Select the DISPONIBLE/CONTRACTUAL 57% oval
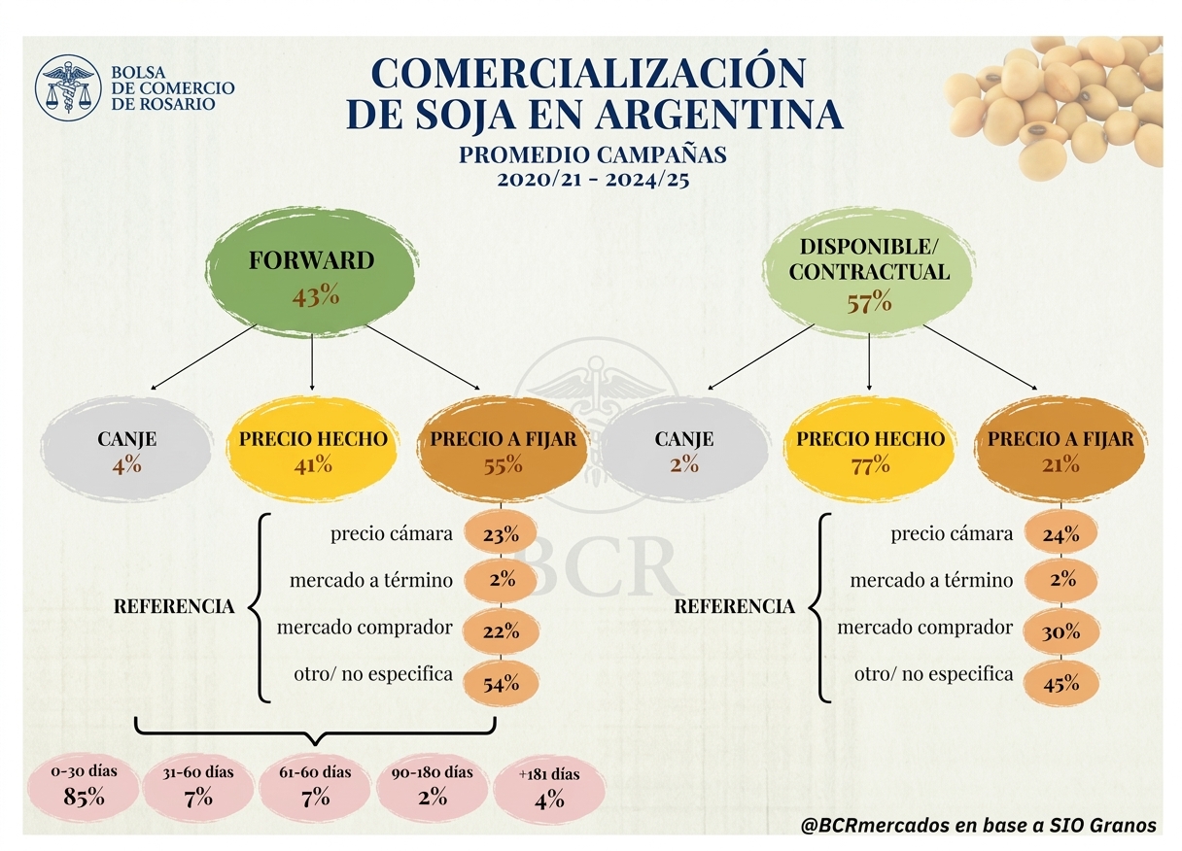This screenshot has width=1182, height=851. click(869, 273)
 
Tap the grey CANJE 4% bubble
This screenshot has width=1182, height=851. click(126, 449)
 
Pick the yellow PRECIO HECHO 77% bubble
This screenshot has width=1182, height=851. click(870, 449)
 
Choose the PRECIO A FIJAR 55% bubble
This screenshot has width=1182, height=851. click(504, 449)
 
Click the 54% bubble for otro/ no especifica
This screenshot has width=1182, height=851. click(502, 684)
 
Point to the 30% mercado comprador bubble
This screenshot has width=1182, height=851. click(1061, 631)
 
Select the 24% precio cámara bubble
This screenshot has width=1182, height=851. click(1061, 534)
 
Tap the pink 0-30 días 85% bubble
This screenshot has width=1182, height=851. click(84, 788)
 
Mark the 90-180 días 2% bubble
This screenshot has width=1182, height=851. click(433, 788)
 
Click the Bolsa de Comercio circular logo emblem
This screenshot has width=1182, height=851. click(68, 88)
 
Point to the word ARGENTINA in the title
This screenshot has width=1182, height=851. click(719, 115)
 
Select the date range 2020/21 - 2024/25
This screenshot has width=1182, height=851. click(593, 180)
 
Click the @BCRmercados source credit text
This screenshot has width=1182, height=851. click(978, 826)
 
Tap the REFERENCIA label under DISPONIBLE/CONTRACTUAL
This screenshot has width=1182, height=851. click(735, 607)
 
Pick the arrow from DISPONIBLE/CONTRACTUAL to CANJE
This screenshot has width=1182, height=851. click(760, 357)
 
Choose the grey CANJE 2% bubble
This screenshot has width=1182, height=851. click(684, 449)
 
